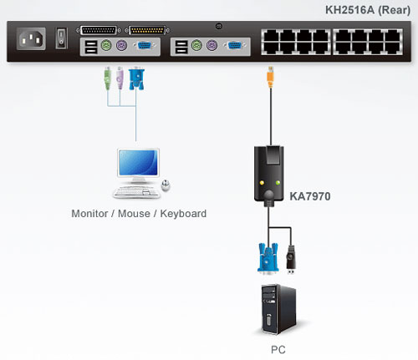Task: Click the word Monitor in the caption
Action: click(x=94, y=214)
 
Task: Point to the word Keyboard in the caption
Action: click(x=183, y=214)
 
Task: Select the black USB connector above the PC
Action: click(x=292, y=257)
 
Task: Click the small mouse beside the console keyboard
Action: click(x=166, y=186)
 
